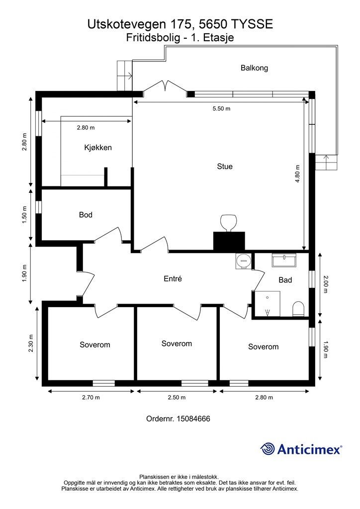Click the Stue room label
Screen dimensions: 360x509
pyautogui.click(x=225, y=167)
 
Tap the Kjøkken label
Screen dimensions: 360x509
pyautogui.click(x=98, y=148)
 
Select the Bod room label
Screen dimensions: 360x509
pyautogui.click(x=86, y=215)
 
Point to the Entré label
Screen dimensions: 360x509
pyautogui.click(x=173, y=278)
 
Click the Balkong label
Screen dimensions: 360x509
pyautogui.click(x=254, y=68)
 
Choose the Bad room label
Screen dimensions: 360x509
pyautogui.click(x=285, y=280)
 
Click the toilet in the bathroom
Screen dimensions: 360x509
pyautogui.click(x=298, y=309)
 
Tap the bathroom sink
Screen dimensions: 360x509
pyautogui.click(x=284, y=260)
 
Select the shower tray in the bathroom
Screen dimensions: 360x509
pyautogui.click(x=268, y=304)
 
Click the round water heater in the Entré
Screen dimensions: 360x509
pyautogui.click(x=244, y=260)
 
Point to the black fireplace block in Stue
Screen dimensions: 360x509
pyautogui.click(x=229, y=242)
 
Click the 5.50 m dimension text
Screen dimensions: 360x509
pyautogui.click(x=221, y=109)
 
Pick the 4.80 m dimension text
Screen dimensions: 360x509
pyautogui.click(x=298, y=174)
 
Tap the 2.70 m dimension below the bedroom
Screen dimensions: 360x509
pyautogui.click(x=91, y=397)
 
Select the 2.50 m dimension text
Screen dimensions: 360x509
pyautogui.click(x=177, y=397)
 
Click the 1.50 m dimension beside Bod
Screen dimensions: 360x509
pyautogui.click(x=25, y=215)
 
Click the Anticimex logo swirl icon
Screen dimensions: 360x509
pyautogui.click(x=268, y=449)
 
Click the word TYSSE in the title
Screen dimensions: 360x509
pyautogui.click(x=252, y=24)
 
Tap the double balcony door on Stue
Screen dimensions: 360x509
pyautogui.click(x=165, y=86)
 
